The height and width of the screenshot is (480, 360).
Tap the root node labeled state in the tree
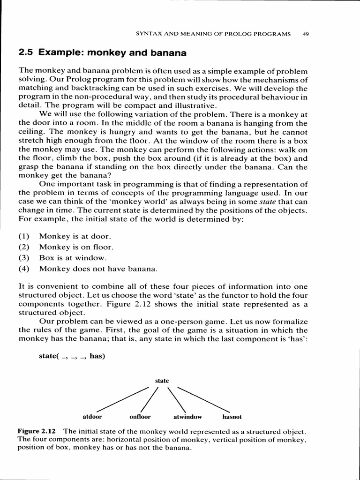coord(162,381)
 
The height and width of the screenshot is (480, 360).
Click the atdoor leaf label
coord(92,416)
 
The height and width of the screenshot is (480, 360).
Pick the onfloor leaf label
coord(140,416)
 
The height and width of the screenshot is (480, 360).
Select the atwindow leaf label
coord(187,416)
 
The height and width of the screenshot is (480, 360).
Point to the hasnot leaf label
coord(232,416)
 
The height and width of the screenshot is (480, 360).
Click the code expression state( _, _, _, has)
coord(72,356)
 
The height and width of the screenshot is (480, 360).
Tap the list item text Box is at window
coord(73,258)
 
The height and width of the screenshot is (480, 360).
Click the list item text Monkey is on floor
coord(76,247)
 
